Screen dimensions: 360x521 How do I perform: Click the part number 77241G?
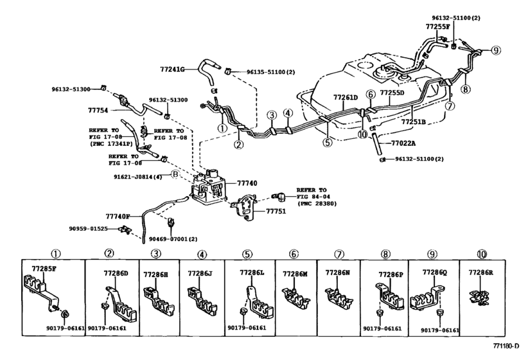[172, 68]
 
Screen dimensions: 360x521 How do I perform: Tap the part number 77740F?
[118, 217]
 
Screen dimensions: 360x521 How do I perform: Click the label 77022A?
[403, 143]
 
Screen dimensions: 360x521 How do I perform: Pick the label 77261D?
[345, 97]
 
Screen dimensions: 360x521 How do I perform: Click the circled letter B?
[174, 174]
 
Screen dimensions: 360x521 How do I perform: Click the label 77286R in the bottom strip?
[481, 273]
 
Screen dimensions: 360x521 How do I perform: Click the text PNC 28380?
[317, 204]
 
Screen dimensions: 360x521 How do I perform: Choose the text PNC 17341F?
[110, 145]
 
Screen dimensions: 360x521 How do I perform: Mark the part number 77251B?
[414, 120]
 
